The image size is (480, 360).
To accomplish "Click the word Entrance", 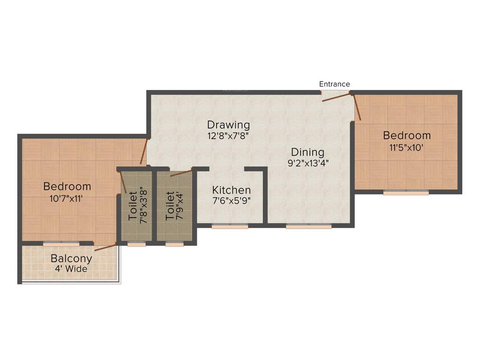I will click(334, 84).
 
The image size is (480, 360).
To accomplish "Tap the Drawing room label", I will click(228, 125).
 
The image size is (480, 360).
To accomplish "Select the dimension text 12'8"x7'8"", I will click(228, 136).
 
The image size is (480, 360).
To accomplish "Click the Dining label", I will click(307, 152).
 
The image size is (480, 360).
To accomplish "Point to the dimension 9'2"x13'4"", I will click(307, 164).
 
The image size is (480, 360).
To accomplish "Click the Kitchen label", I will click(232, 190).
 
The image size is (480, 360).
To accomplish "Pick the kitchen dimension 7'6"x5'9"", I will click(232, 201).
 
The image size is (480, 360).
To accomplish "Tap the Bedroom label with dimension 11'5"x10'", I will click(406, 136).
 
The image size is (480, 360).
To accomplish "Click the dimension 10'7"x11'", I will click(67, 198).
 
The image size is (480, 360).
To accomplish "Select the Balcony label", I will click(71, 258).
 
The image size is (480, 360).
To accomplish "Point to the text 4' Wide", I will click(71, 269).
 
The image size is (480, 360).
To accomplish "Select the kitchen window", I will click(230, 226).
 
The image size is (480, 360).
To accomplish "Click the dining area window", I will click(308, 226).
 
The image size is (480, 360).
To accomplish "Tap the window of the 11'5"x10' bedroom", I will click(406, 192).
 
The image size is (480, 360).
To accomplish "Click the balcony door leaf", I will click(105, 247).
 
